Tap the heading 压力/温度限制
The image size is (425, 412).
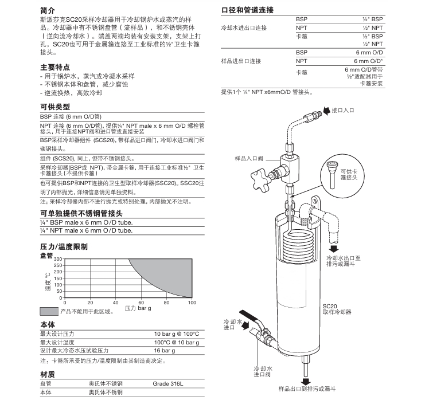coord(63,246)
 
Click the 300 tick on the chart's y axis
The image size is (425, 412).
coord(57,260)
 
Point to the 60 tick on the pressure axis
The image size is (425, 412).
coord(141,302)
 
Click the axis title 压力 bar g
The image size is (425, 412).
coord(138,308)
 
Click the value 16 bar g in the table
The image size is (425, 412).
coord(164,350)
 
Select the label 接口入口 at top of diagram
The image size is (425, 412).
coord(343,109)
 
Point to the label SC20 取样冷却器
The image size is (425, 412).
coord(336,309)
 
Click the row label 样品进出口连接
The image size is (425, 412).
coord(241,61)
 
